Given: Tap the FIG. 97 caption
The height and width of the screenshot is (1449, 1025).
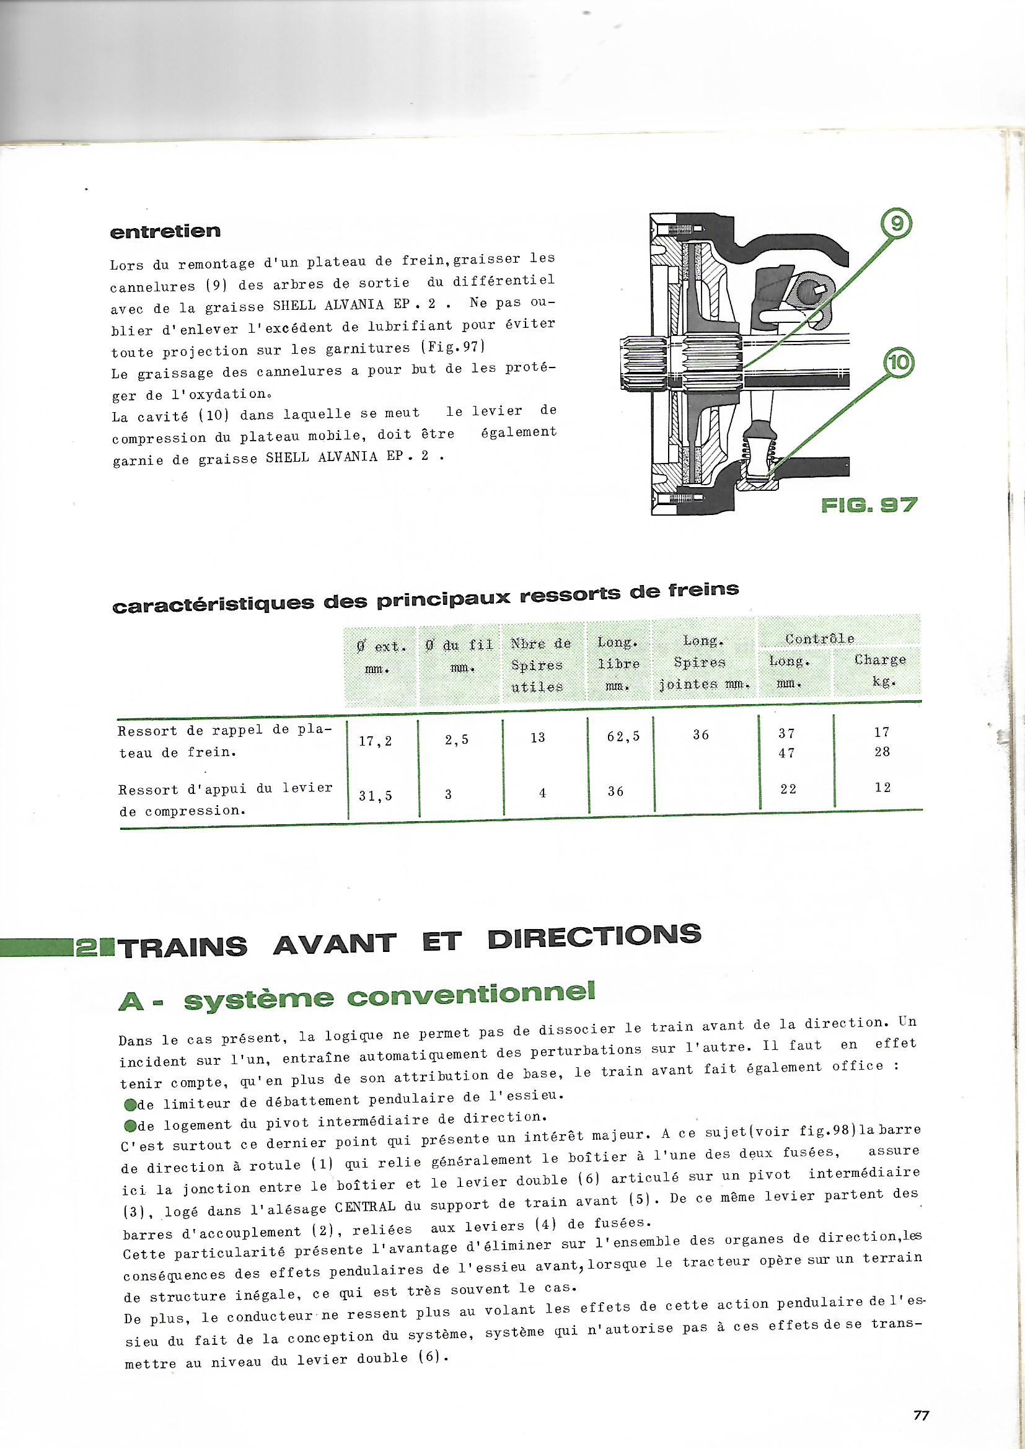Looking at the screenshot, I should [x=868, y=505].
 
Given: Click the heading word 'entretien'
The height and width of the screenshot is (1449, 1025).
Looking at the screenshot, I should [x=165, y=232].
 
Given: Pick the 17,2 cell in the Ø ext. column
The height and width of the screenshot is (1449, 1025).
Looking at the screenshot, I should [x=376, y=741].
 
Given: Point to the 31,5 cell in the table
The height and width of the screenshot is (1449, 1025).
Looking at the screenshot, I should [x=376, y=796].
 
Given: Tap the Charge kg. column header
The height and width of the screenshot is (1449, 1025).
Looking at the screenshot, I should [x=881, y=671].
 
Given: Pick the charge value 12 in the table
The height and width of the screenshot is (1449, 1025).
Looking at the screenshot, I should [x=882, y=787].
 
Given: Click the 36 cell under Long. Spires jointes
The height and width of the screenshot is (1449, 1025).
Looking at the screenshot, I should [x=701, y=734].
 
